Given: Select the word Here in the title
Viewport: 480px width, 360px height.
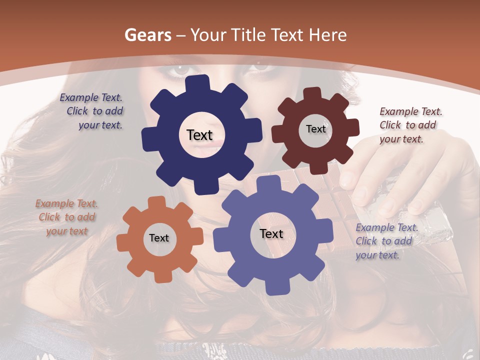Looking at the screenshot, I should click(x=327, y=35).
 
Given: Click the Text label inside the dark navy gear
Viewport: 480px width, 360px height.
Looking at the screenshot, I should click(x=199, y=135).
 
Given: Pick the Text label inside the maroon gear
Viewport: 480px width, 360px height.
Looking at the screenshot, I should click(x=315, y=129).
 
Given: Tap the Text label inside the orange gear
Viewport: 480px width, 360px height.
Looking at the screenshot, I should click(x=159, y=238).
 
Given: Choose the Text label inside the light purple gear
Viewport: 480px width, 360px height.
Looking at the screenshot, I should click(x=271, y=234).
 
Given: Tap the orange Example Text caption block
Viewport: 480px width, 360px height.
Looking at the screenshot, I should click(x=66, y=217).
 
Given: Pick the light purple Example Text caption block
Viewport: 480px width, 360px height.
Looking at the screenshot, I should click(x=385, y=241).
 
